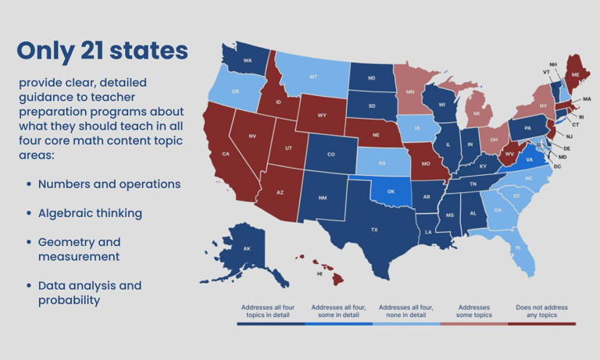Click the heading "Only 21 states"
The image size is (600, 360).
pos(102,51)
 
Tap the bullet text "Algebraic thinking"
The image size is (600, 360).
pos(90,212)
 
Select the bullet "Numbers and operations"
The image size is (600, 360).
pos(109,184)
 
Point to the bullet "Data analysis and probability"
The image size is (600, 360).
pos(89,293)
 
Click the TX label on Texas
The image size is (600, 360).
pos(374,230)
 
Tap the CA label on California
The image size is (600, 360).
pos(225,154)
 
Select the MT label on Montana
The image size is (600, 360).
pos(312,77)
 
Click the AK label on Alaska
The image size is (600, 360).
pos(247,248)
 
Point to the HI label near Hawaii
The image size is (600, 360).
pos(319,274)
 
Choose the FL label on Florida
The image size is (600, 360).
pos(517,248)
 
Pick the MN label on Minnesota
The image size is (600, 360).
pos(409,91)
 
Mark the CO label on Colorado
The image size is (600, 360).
pos(330,154)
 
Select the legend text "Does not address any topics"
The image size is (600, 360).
pos(541,311)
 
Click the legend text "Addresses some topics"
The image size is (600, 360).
pos(474,311)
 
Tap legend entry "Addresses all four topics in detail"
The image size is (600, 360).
pos(270,311)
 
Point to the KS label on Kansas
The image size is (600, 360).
pos(384,163)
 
